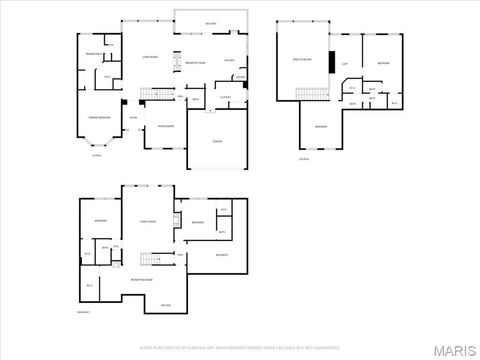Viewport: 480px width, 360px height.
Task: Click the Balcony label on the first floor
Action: tap(210, 22)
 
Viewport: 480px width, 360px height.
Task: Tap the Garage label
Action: tap(216, 141)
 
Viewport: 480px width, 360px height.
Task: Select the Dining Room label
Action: tap(165, 126)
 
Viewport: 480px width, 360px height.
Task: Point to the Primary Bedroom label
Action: tap(98, 118)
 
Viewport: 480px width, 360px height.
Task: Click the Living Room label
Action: tap(150, 57)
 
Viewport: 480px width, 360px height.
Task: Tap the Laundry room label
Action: tap(226, 97)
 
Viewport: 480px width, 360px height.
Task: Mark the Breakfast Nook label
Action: tap(196, 63)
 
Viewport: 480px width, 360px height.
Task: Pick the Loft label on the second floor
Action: tap(345, 66)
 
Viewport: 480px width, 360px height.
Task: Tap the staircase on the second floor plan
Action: tap(312, 95)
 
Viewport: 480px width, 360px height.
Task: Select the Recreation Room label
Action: tap(141, 280)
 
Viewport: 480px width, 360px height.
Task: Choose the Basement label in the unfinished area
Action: tap(222, 254)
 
